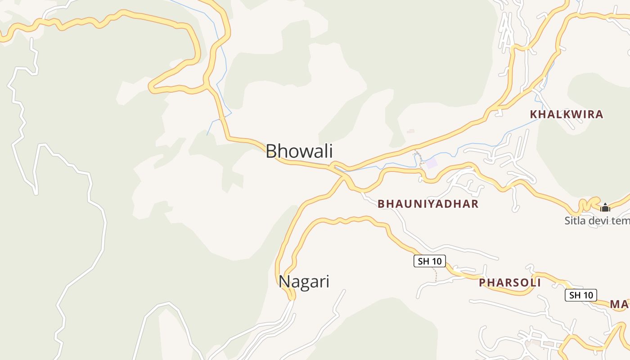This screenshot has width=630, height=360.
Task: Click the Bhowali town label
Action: pos(299,151)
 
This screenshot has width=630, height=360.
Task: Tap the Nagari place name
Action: pos(304,282)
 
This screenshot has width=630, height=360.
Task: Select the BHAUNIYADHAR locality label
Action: pos(428,204)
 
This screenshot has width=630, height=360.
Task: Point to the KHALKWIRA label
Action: pos(567,114)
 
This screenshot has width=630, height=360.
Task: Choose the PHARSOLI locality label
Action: pos(510,283)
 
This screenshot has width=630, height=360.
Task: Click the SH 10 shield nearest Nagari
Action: pos(430,261)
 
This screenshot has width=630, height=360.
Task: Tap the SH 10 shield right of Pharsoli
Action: pos(580,295)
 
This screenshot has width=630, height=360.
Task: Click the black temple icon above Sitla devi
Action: pos(605,207)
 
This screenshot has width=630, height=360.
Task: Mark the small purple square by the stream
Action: pos(431,163)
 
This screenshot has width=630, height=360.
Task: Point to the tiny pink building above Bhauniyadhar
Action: pos(410,131)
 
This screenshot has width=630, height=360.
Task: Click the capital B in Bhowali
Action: pos(271,151)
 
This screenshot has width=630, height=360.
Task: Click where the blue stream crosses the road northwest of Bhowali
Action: pos(221,118)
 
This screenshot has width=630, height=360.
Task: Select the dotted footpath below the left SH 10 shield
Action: pos(435,274)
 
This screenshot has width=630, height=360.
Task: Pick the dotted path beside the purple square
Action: pos(419,158)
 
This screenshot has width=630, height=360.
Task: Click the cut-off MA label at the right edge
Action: pos(620,305)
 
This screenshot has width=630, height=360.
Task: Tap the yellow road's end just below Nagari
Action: pos(292,297)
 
